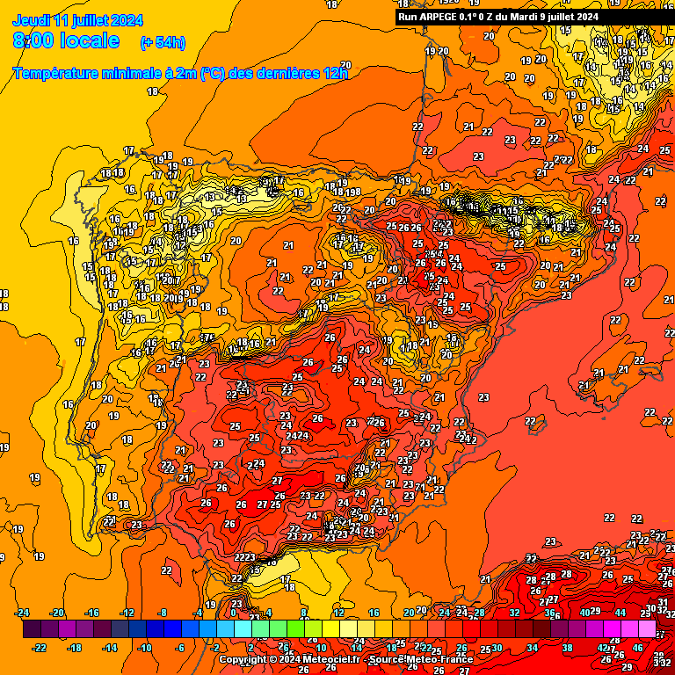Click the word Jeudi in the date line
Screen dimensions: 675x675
pyautogui.click(x=32, y=20)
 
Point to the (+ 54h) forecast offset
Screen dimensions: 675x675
pyautogui.click(x=163, y=42)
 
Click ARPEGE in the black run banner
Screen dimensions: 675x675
pyautogui.click(x=446, y=17)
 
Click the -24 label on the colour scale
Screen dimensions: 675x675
pyautogui.click(x=23, y=613)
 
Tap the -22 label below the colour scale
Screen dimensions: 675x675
pyautogui.click(x=39, y=648)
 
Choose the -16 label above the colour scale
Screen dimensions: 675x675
pyautogui.click(x=91, y=613)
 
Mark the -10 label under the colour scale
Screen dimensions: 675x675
pyautogui.click(x=144, y=648)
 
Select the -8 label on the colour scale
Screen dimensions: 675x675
pyautogui.click(x=162, y=613)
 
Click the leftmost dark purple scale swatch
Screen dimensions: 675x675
pyautogui.click(x=32, y=629)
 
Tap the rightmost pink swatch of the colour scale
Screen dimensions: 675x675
pyautogui.click(x=647, y=629)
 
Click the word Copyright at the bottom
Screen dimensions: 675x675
pyautogui.click(x=243, y=659)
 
